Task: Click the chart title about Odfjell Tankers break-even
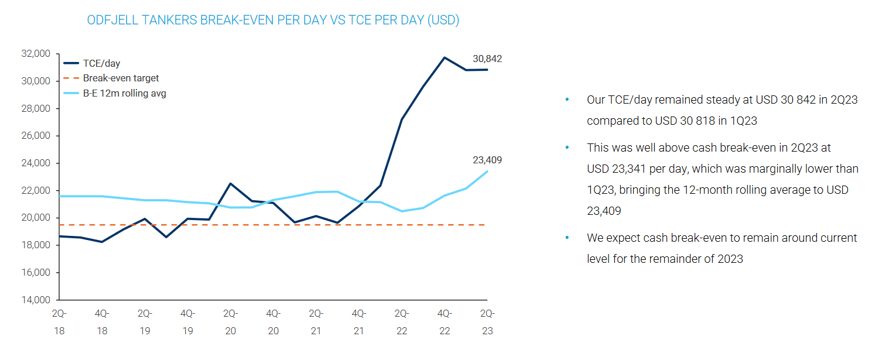pos(273,20)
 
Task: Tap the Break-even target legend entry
pos(121,78)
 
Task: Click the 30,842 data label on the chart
pos(487,59)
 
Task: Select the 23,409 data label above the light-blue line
pos(487,160)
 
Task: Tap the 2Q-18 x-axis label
pos(59,322)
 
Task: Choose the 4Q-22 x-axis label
pos(444,322)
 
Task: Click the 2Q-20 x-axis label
pos(230,322)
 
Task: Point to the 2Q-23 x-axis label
pos(487,322)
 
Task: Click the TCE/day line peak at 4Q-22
pos(444,57)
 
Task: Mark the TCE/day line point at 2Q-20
pos(230,184)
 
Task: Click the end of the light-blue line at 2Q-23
pos(487,172)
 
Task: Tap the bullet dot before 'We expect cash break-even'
pos(567,238)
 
